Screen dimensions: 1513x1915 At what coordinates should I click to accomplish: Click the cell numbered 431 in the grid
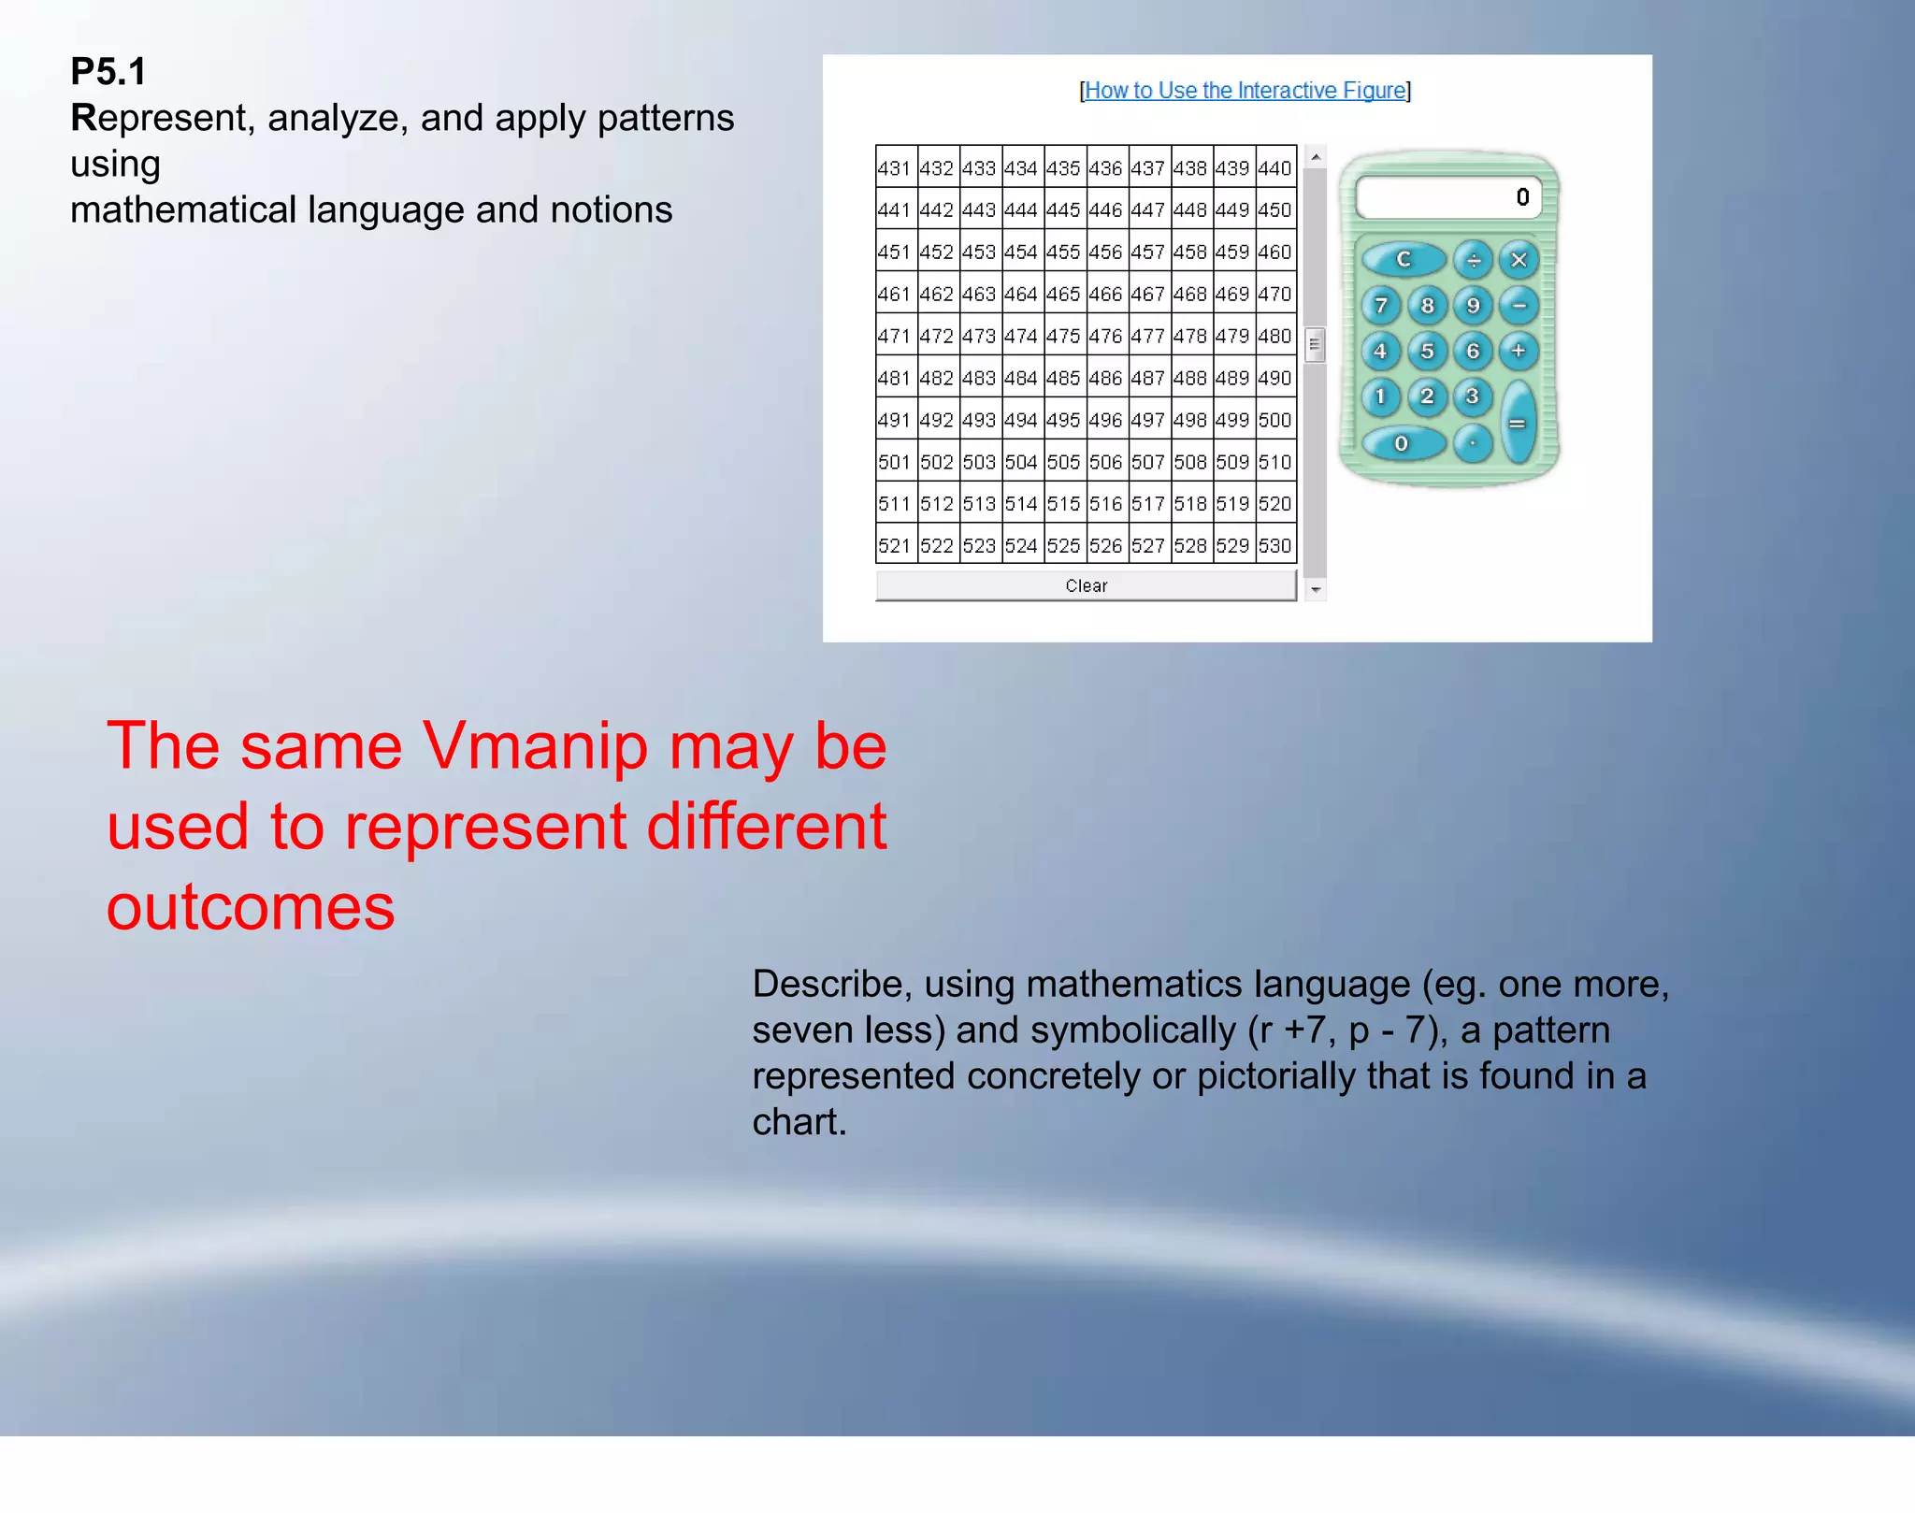(x=895, y=168)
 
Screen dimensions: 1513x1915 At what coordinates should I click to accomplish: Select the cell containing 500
(x=1274, y=420)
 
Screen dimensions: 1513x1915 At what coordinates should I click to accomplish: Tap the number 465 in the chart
(x=1063, y=294)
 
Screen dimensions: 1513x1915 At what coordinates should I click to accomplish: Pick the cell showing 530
(x=1274, y=546)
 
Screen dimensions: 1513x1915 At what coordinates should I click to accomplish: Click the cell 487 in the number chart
(x=1147, y=378)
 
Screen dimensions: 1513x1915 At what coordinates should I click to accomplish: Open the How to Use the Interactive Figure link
(x=1245, y=91)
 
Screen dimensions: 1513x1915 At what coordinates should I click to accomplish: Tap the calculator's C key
(x=1403, y=260)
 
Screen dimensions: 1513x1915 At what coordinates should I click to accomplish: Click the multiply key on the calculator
(x=1519, y=260)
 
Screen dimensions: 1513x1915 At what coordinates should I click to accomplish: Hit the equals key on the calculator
(x=1518, y=424)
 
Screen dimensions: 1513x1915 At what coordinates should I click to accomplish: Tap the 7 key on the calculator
(x=1380, y=306)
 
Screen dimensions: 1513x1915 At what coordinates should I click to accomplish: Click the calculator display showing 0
(x=1447, y=197)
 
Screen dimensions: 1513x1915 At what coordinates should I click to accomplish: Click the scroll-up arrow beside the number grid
(x=1316, y=157)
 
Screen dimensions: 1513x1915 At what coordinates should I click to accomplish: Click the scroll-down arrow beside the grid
(x=1316, y=590)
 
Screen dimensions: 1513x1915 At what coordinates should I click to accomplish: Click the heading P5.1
(x=108, y=72)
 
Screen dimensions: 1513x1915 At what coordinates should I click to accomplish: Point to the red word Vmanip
(x=535, y=746)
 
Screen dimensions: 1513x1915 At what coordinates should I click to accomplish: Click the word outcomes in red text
(x=251, y=907)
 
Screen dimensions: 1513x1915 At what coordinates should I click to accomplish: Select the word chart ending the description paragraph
(x=799, y=1122)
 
